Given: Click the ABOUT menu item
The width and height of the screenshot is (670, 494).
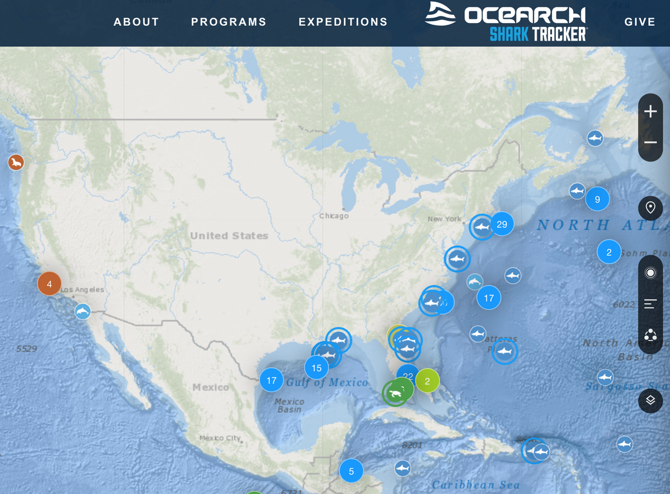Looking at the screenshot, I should (x=136, y=22).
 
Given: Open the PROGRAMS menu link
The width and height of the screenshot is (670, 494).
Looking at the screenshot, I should (x=229, y=22).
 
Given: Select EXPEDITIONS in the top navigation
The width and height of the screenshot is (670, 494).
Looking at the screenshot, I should (x=343, y=22).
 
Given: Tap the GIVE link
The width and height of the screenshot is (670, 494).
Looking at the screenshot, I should (x=639, y=22).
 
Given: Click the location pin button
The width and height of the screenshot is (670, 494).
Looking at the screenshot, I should (x=651, y=208).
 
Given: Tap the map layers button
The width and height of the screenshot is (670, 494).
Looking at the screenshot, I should (x=651, y=400).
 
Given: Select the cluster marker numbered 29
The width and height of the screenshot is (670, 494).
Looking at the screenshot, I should (x=502, y=224).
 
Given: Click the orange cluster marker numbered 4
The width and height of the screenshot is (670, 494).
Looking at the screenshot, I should (x=49, y=284).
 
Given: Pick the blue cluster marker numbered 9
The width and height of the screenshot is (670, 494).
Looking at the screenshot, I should (x=597, y=199).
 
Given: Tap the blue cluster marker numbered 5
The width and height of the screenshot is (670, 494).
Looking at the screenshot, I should (x=351, y=471).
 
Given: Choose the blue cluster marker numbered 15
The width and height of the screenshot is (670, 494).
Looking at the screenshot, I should (x=316, y=368).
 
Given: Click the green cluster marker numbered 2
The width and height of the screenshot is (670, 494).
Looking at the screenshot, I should (x=427, y=381).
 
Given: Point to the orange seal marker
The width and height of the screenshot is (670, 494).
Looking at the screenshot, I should (x=16, y=162).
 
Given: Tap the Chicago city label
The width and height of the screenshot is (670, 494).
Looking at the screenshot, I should (x=334, y=216).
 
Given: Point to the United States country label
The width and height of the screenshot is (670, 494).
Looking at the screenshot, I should (x=229, y=236).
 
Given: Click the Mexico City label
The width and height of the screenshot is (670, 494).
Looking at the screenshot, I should (x=220, y=438).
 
